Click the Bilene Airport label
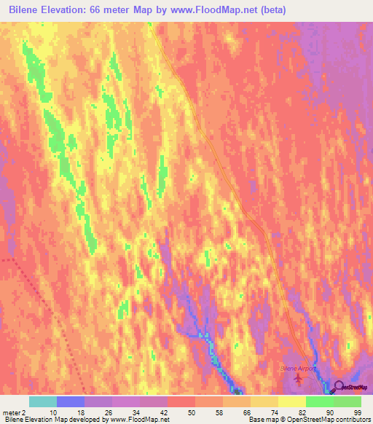click(299, 369)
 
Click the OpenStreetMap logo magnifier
click(339, 388)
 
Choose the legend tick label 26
click(108, 412)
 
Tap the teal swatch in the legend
click(43, 401)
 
